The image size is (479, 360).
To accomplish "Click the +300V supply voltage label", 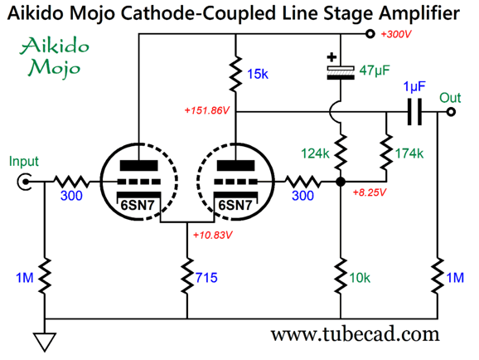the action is tap(396, 34).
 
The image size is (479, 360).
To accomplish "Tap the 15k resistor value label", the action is tap(258, 75).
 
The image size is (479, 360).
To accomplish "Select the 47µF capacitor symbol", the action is tap(341, 73).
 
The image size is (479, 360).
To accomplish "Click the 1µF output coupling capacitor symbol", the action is tap(414, 112).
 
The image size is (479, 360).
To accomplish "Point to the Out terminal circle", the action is tap(451, 112).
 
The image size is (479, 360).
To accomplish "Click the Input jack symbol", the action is tap(24, 182).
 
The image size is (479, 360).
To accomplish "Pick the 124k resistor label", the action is tap(315, 153).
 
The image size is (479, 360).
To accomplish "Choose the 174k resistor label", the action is tap(409, 153).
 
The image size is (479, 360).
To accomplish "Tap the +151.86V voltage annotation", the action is tap(207, 110).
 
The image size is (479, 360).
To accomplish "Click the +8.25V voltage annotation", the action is tap(370, 192).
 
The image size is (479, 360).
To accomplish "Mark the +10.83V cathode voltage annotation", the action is tap(213, 236).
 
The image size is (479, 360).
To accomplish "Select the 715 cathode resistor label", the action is tap(206, 278).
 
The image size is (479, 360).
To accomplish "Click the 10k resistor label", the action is tap(360, 278).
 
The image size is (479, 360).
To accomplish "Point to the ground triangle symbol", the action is tap(45, 342).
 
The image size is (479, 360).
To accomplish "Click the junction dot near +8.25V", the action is tap(341, 182).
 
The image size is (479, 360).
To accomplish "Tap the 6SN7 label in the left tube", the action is tap(138, 205).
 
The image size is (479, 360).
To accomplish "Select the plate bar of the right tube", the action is tap(235, 165).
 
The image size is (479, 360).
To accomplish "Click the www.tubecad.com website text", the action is tap(355, 334).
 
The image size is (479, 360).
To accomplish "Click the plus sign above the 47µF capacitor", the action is tap(331, 57).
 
